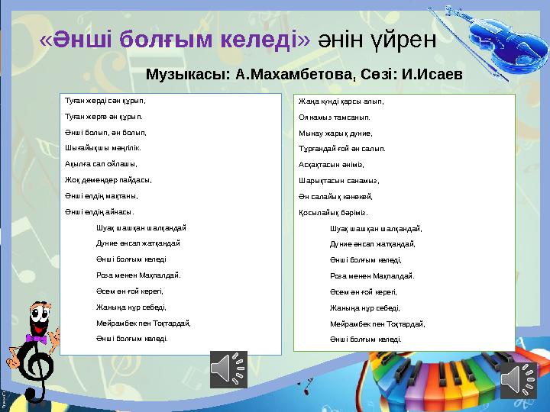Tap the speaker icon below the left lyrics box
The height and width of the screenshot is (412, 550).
227,369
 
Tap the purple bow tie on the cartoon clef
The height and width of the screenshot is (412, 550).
35,336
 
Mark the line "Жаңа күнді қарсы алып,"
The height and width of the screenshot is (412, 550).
341,101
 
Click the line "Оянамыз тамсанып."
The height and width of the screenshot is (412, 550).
334,117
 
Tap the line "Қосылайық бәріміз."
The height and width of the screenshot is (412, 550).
334,213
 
